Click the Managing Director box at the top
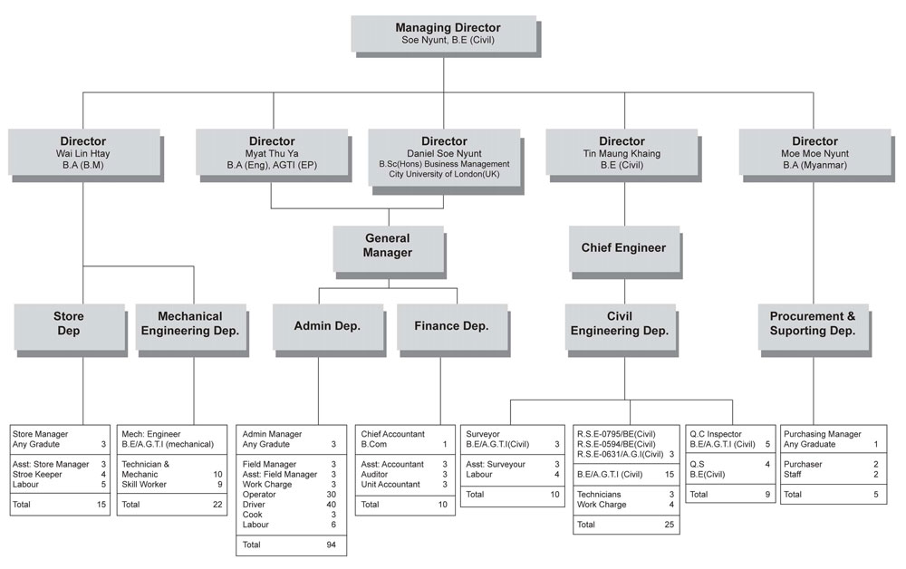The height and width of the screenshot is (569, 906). point(444,34)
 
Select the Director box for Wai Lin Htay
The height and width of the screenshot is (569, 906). point(83,152)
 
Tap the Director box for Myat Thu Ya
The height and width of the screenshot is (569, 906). point(272,152)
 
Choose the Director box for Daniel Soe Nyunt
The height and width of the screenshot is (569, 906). point(444,157)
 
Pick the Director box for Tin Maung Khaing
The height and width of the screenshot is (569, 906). point(622,152)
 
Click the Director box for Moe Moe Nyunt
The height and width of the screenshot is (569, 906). point(814,152)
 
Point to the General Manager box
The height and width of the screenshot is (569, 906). point(388,248)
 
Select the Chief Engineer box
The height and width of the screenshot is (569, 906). point(624,248)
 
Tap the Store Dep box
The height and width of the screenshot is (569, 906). point(70,326)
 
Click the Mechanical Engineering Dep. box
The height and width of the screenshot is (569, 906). point(190,326)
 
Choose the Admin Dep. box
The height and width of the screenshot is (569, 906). point(328,326)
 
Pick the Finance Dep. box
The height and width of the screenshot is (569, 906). point(452,326)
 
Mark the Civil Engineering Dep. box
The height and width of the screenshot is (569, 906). point(620,326)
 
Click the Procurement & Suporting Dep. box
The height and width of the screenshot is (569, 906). point(814,326)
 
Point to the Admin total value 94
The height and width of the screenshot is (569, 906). point(331,545)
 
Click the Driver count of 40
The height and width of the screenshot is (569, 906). point(331,505)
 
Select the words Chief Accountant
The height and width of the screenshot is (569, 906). point(393,434)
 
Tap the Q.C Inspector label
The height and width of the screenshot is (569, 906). point(716,434)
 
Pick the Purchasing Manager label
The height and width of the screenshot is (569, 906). point(823,434)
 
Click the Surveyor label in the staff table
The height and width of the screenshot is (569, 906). point(483,434)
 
